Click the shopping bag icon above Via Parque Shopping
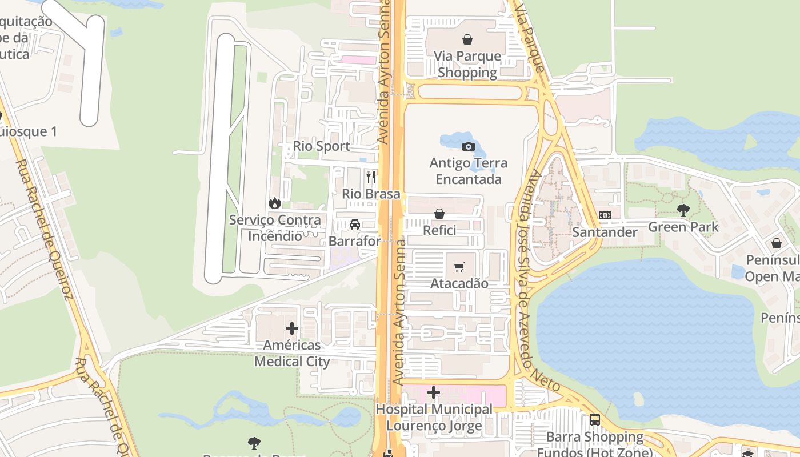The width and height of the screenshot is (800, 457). click(x=467, y=39)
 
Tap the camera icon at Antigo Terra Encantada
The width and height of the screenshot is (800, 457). click(x=468, y=147)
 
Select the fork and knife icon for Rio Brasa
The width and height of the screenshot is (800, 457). click(x=371, y=177)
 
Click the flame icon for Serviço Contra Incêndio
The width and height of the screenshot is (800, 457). click(x=275, y=203)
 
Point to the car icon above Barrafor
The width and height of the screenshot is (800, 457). click(x=355, y=225)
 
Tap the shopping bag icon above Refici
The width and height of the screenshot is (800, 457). click(x=439, y=214)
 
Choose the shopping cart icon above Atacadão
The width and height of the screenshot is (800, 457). click(x=459, y=267)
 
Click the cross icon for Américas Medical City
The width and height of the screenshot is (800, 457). click(x=292, y=328)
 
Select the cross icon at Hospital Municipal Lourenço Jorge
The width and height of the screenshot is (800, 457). click(x=434, y=392)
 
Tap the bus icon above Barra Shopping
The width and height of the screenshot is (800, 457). click(x=595, y=420)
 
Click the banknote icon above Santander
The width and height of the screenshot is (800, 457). click(x=605, y=215)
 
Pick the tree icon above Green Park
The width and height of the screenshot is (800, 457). click(x=683, y=210)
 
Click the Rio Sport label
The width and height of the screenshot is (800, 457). click(x=322, y=146)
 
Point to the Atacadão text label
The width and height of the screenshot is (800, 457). click(x=459, y=283)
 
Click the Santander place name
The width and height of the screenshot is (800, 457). click(x=605, y=232)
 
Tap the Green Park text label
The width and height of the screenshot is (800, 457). click(x=683, y=227)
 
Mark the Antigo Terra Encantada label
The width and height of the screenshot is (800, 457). click(x=468, y=171)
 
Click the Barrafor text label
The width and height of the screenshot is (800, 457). click(x=354, y=241)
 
